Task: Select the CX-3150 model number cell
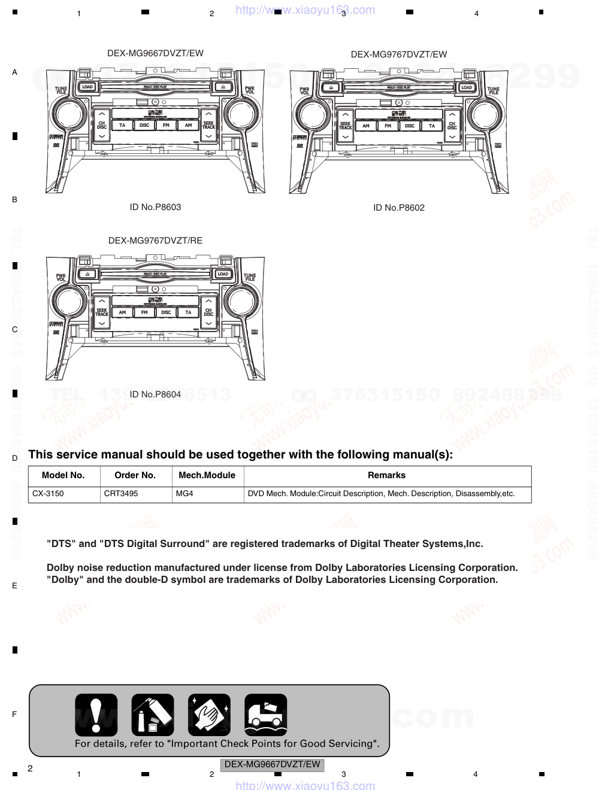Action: pyautogui.click(x=48, y=494)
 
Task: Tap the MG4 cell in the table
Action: pyautogui.click(x=184, y=494)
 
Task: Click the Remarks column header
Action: pyautogui.click(x=386, y=475)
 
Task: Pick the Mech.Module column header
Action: pyautogui.click(x=207, y=475)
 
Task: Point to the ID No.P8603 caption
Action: pyautogui.click(x=155, y=207)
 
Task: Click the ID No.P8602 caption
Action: pyautogui.click(x=399, y=208)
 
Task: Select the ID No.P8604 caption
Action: pyautogui.click(x=155, y=394)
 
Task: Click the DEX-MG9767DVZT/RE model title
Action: pyautogui.click(x=155, y=241)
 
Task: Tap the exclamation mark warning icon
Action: pyautogui.click(x=96, y=715)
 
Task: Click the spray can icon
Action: pyautogui.click(x=153, y=715)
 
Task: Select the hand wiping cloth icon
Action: pyautogui.click(x=209, y=715)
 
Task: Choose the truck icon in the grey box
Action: pyautogui.click(x=265, y=715)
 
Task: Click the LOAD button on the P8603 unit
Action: pyautogui.click(x=87, y=87)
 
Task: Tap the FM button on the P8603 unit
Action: pyautogui.click(x=166, y=126)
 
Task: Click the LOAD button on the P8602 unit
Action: pyautogui.click(x=467, y=87)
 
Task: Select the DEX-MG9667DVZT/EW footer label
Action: pyautogui.click(x=273, y=764)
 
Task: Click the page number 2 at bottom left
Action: pyautogui.click(x=30, y=768)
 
